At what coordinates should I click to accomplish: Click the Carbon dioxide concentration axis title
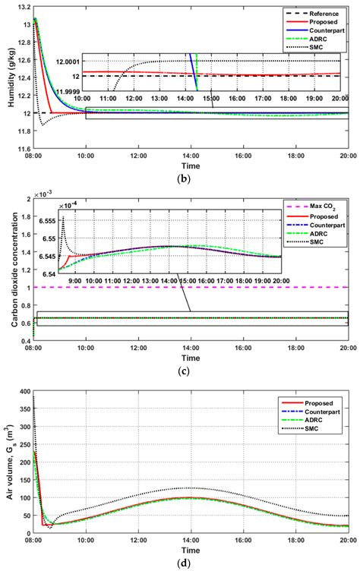[7, 271]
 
